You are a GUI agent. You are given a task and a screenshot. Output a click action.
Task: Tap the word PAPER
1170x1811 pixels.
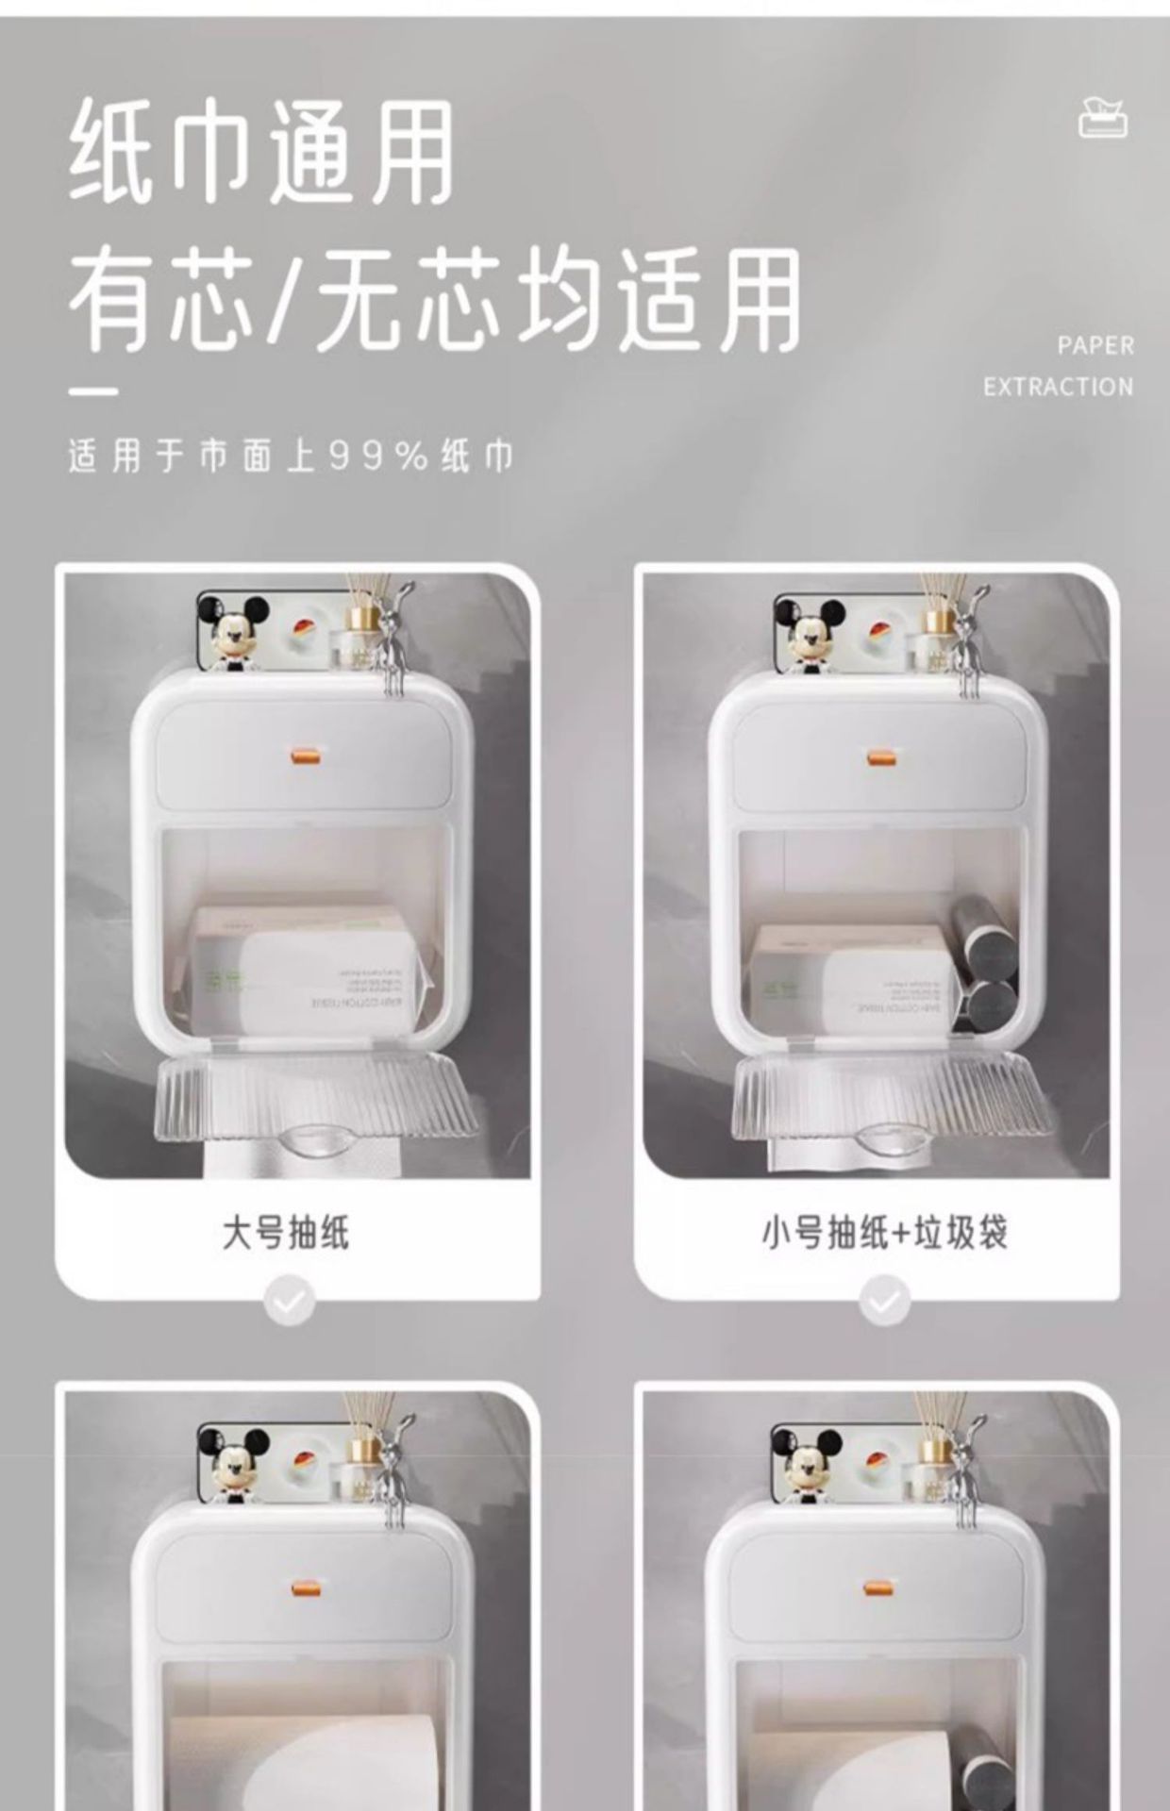(x=1095, y=345)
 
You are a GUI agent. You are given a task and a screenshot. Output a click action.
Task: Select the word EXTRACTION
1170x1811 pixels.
(x=1058, y=387)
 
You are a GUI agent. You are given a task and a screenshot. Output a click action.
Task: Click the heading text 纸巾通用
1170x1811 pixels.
(x=261, y=154)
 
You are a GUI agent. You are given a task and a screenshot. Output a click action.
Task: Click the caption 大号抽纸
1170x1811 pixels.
(x=286, y=1232)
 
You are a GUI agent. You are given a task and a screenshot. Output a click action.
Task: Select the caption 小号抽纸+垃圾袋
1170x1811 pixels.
(x=884, y=1232)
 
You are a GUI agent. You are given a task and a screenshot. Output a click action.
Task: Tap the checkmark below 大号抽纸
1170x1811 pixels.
(x=290, y=1303)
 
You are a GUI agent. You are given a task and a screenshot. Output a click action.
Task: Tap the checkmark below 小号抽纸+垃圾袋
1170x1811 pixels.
(x=885, y=1303)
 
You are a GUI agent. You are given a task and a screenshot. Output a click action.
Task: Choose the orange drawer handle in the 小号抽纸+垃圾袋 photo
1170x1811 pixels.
(x=881, y=756)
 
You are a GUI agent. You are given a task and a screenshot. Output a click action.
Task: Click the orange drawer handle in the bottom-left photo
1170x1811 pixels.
(x=304, y=1589)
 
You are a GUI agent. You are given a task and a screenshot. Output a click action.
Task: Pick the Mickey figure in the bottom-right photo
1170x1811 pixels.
(x=808, y=1460)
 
